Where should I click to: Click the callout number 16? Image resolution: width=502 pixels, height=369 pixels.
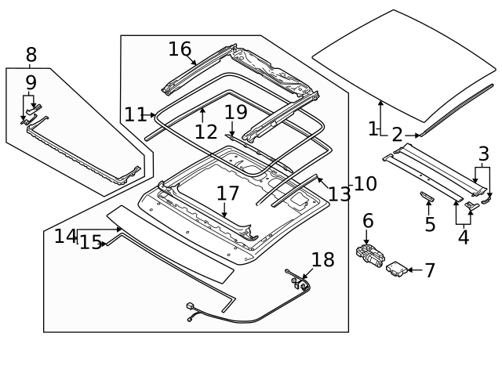coord(180,49)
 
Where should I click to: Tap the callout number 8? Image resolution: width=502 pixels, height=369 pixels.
coord(31,55)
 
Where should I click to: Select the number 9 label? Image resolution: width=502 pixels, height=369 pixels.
coord(31,82)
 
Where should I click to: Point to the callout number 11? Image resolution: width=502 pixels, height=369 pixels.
coord(134,115)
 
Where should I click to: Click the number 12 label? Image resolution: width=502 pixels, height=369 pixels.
coord(206,132)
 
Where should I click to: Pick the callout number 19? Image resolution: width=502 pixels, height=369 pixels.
coord(235,112)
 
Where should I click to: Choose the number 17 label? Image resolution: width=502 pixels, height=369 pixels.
coord(227,193)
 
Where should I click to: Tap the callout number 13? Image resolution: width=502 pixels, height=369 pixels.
coord(340,194)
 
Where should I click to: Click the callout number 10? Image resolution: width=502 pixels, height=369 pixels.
coord(365,184)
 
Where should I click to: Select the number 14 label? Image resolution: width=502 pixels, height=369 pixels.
coord(65,236)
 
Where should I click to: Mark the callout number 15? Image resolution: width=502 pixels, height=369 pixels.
coord(90,243)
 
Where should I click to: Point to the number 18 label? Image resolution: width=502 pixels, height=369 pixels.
coord(322,260)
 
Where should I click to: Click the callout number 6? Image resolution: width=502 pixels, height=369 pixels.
coord(368,222)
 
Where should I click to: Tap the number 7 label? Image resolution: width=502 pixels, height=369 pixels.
coord(429,271)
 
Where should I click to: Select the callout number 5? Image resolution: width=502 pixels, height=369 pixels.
coord(429,225)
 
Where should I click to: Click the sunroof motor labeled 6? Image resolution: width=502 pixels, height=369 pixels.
coord(370,255)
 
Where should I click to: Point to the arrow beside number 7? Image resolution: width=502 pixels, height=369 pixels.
coord(413,270)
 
